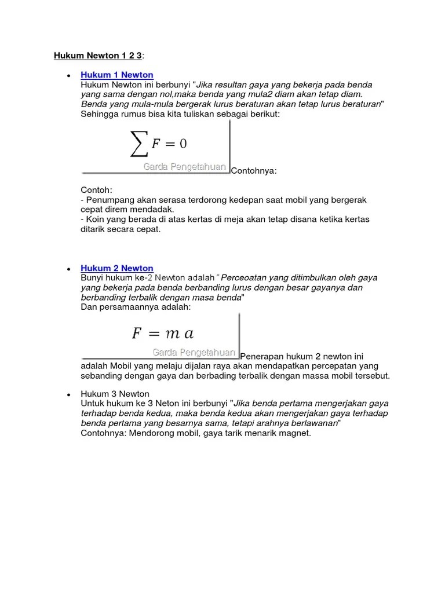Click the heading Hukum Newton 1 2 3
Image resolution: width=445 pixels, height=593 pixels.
[x=97, y=56]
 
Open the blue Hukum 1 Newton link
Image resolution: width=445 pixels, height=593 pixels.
[x=117, y=75]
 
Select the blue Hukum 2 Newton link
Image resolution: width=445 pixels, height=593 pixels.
[x=117, y=268]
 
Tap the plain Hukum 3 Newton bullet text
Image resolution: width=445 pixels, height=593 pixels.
[x=115, y=394]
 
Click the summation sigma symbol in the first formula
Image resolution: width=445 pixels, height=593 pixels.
[x=138, y=144]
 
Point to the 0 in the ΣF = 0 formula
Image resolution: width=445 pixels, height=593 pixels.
[x=183, y=144]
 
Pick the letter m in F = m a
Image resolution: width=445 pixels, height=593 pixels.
[x=172, y=333]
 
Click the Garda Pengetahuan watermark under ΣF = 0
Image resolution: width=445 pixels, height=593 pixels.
[x=184, y=167]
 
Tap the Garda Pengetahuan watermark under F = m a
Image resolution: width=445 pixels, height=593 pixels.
[x=194, y=352]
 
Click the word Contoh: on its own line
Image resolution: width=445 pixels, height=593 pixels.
[x=96, y=190]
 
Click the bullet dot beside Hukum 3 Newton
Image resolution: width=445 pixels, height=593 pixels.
[x=69, y=394]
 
